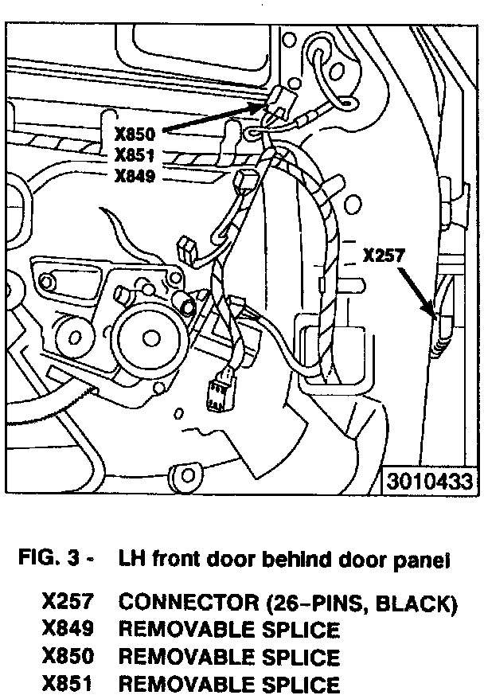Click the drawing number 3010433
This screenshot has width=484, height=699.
(431, 482)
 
